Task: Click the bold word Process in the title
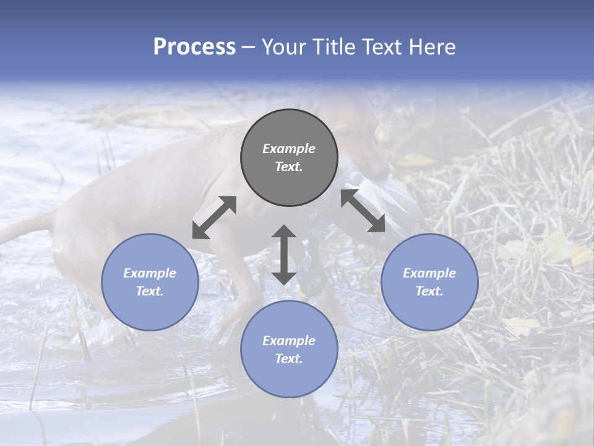tap(194, 46)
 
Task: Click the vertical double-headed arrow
tap(284, 255)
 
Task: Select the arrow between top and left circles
tap(214, 217)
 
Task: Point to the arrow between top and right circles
tap(363, 211)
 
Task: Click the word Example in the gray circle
tap(289, 149)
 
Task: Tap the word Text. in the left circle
tap(150, 291)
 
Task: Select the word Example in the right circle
tap(429, 273)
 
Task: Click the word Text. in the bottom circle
tap(289, 359)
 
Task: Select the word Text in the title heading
tap(380, 46)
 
